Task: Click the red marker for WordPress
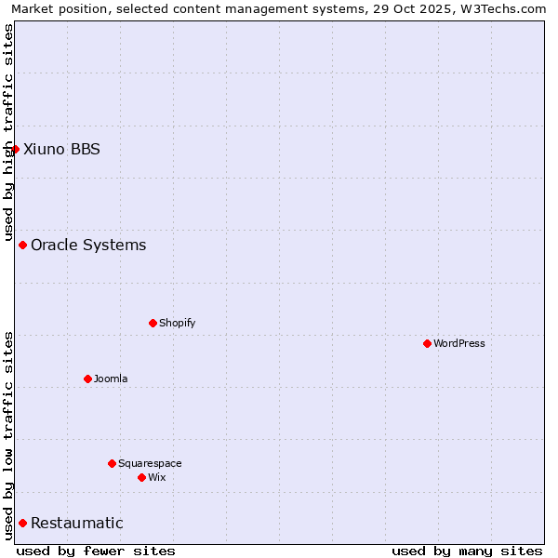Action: [x=427, y=343]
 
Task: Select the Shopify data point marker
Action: [x=153, y=323]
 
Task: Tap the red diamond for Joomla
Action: [x=87, y=379]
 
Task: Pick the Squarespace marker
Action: [x=112, y=463]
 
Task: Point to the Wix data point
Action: [x=141, y=477]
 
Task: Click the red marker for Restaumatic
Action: [x=22, y=523]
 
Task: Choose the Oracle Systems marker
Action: [x=22, y=245]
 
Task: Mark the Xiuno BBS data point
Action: [x=15, y=149]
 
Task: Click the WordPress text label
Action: [x=459, y=343]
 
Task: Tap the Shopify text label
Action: [x=177, y=323]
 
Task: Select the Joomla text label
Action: [x=111, y=379]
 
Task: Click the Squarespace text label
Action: [x=150, y=463]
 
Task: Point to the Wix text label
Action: [x=156, y=477]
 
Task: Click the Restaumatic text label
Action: [x=77, y=523]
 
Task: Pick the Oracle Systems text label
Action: [x=88, y=245]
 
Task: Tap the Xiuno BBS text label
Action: [x=61, y=149]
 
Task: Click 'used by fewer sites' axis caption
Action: [x=96, y=551]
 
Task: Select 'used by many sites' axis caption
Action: [x=467, y=551]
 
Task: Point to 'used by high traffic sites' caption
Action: [x=9, y=132]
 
